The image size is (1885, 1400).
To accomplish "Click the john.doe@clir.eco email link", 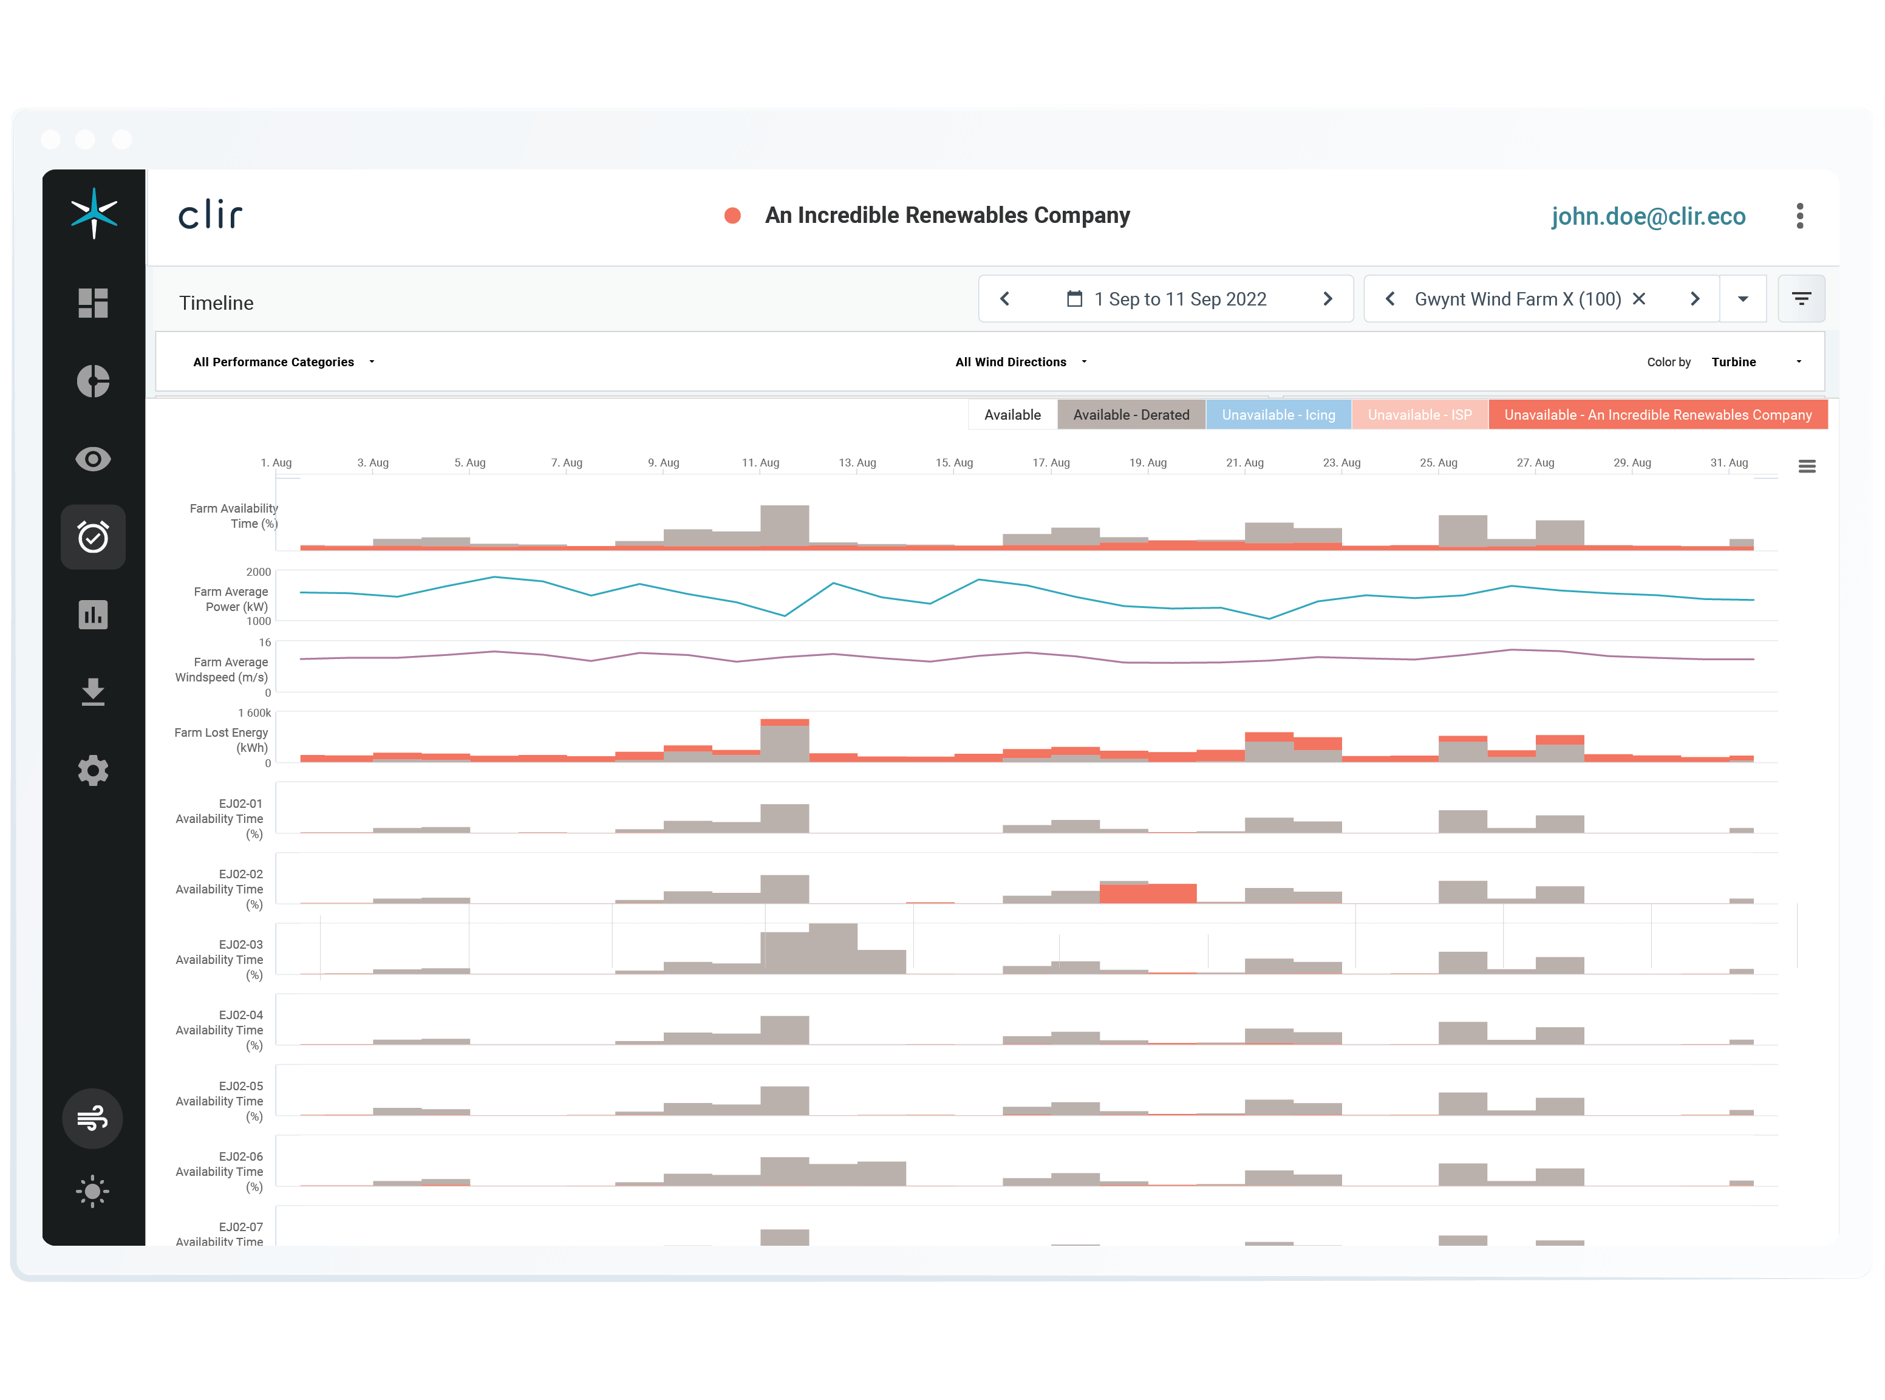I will pos(1648,216).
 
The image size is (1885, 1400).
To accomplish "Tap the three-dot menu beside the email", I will pos(1799,216).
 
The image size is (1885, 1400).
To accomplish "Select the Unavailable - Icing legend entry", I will pos(1278,414).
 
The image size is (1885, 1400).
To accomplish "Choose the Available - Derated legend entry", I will pos(1130,414).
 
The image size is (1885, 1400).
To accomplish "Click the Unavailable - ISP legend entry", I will pos(1419,414).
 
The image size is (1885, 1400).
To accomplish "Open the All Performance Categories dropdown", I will pos(283,362).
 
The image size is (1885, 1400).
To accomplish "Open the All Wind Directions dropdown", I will pos(1020,362).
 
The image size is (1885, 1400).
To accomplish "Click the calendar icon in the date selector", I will pos(1074,299).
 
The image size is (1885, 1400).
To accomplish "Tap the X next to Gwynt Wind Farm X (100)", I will pos(1638,299).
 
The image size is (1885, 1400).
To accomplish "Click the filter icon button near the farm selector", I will pos(1800,299).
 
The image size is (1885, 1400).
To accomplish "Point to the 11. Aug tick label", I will pos(760,463).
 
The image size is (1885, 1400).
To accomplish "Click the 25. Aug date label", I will pos(1437,463).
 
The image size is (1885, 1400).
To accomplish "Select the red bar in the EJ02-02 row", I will pos(1147,893).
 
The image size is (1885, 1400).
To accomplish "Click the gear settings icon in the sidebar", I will pos(93,770).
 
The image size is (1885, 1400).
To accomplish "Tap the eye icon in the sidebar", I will pos(93,459).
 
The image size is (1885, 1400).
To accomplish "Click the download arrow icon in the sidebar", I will pos(93,692).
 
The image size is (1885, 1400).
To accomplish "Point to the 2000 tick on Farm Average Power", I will pos(258,572).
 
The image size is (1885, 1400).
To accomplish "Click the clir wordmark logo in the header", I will pos(210,216).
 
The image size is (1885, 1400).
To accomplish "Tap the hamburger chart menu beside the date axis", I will pos(1806,466).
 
